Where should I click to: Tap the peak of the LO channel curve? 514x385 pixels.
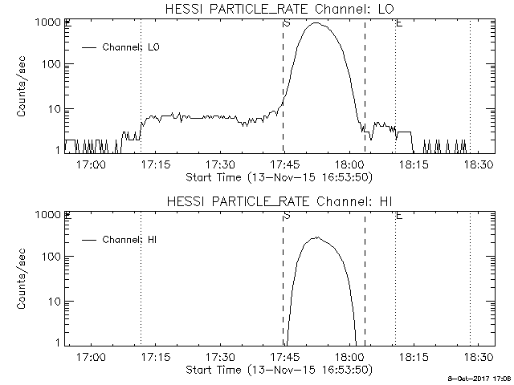coord(316,23)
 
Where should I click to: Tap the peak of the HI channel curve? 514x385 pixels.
coord(316,237)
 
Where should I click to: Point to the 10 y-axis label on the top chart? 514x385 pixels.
coord(53,108)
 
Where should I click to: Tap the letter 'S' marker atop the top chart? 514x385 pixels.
coord(287,22)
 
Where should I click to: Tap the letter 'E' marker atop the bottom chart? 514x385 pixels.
coord(399,215)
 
